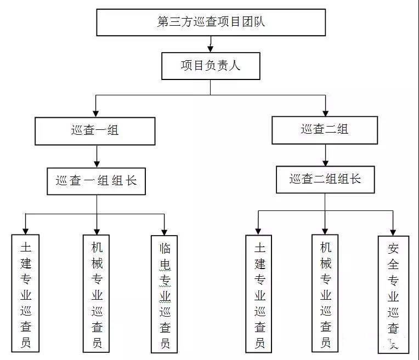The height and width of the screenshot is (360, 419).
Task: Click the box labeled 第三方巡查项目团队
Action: (211, 22)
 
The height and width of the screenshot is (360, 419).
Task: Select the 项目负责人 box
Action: (211, 66)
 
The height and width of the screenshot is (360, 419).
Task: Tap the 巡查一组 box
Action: (95, 130)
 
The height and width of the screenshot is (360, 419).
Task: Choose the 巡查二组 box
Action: (325, 130)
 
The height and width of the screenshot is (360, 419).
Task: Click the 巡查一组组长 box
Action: (96, 180)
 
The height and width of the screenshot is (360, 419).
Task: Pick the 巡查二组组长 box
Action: (325, 179)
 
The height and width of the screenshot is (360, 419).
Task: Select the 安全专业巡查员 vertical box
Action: (394, 293)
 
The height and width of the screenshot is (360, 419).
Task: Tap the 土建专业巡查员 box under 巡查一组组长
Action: (25, 293)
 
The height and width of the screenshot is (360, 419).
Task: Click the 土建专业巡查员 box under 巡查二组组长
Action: (260, 294)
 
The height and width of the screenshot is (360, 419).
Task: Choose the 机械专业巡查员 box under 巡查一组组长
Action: (97, 293)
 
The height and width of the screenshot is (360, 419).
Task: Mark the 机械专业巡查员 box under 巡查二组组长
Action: (325, 293)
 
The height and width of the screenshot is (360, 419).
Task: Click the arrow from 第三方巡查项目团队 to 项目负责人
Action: (211, 44)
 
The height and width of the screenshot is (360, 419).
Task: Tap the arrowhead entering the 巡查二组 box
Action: (326, 112)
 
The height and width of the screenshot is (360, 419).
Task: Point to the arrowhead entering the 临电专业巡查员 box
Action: (165, 231)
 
